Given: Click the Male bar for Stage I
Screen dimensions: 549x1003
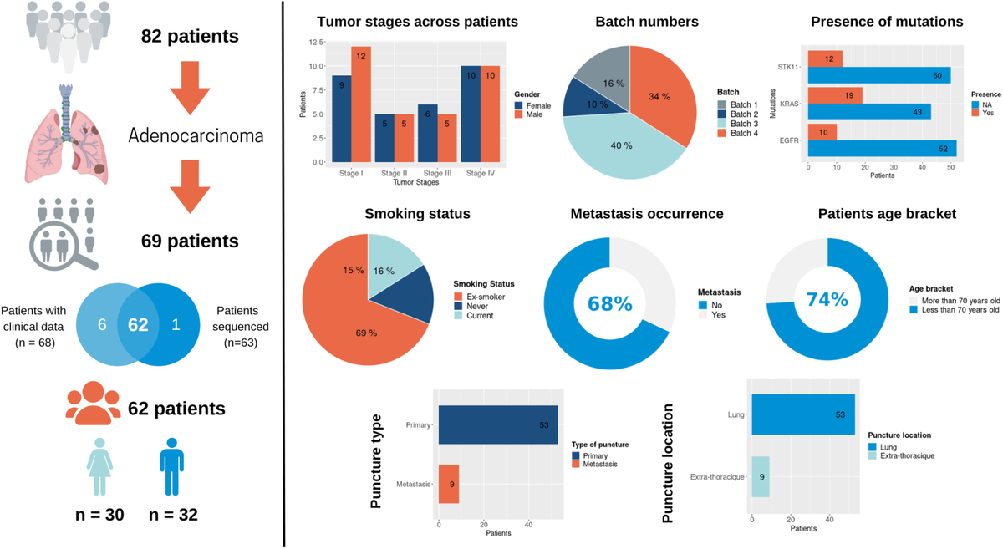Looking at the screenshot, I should (361, 104).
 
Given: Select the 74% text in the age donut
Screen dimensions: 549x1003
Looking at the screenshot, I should (827, 299).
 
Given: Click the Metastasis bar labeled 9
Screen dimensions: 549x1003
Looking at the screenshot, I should (449, 484).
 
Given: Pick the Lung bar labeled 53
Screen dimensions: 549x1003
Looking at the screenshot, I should (803, 414).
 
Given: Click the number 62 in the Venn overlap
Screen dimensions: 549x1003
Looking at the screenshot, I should (138, 323).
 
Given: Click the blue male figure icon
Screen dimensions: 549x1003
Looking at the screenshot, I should (171, 468).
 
